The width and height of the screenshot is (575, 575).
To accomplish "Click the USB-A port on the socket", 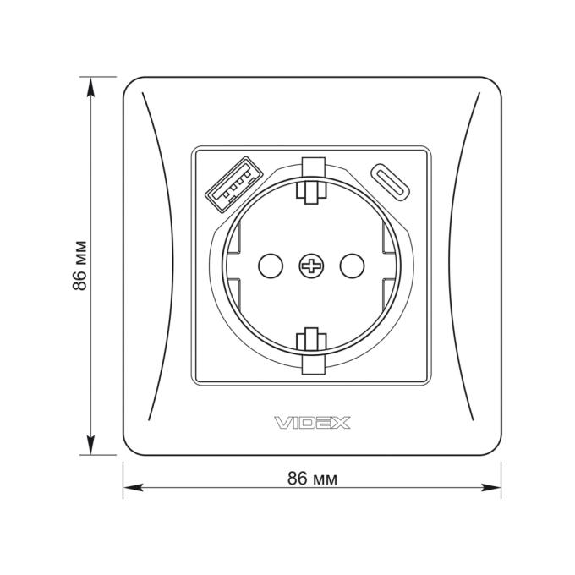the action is point(233,184).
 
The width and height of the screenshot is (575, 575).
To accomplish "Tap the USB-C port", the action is point(391,182).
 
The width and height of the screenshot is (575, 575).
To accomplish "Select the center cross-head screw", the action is point(311,266).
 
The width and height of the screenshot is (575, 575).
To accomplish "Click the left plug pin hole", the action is point(271,266).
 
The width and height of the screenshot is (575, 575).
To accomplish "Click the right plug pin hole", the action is point(352,266).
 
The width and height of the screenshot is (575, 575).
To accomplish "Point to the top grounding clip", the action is point(311,179).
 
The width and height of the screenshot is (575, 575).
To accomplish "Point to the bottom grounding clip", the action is point(311,351).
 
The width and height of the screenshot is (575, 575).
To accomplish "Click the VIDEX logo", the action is point(312,423).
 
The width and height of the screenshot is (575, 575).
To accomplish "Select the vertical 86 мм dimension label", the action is point(79,266).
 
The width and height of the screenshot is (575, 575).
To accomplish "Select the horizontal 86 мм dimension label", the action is point(312,479).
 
